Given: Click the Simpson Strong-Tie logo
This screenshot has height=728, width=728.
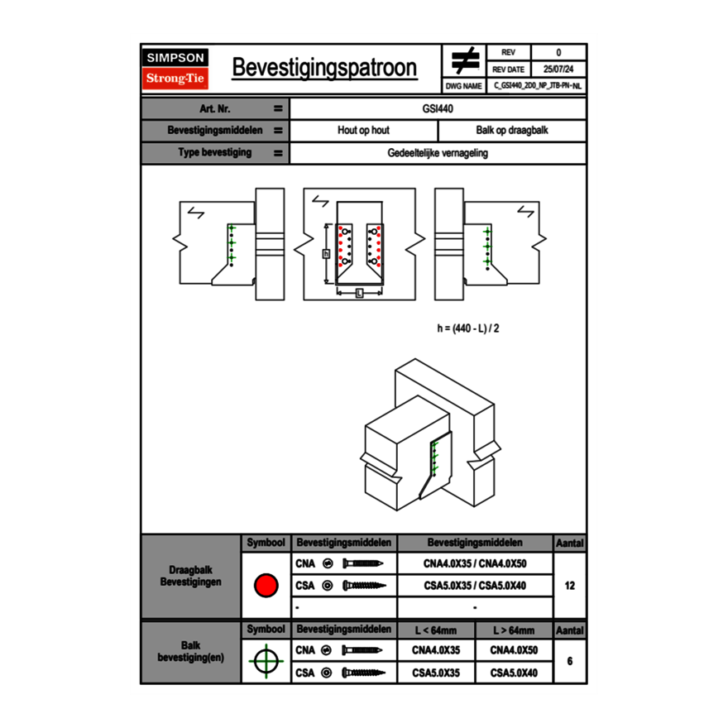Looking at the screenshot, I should point(176,69).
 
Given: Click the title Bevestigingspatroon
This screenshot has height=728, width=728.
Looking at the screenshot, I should point(323,68).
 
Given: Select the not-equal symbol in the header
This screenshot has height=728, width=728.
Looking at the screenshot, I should point(465,60).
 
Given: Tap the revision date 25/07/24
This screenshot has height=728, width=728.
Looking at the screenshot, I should point(558,69).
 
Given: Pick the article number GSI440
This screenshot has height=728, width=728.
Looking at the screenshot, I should point(438,108).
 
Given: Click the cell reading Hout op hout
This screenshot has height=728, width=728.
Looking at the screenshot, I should point(363,131).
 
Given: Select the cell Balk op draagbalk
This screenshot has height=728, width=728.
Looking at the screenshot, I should point(512,131).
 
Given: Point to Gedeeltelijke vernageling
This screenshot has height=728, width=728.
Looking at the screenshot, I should point(438,153).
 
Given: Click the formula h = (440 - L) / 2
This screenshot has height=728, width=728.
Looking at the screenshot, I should point(468,328).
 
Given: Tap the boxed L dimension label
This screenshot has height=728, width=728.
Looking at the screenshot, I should point(359,293).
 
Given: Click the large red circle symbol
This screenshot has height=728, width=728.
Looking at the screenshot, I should point(266,586).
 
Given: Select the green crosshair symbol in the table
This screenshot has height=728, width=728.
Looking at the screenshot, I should point(266,661).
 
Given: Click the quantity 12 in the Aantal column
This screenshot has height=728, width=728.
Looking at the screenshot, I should point(569,586).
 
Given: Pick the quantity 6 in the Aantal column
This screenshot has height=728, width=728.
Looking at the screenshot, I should point(569,661).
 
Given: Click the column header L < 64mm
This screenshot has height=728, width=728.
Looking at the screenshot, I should point(436,630).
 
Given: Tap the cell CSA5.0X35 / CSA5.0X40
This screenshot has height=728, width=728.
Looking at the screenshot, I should point(475,586).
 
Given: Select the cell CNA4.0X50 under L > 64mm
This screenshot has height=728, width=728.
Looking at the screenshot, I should point(514,650).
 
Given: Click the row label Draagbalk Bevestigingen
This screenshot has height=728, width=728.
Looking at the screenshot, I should point(190,577).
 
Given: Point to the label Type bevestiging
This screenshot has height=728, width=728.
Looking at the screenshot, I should point(215,153).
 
